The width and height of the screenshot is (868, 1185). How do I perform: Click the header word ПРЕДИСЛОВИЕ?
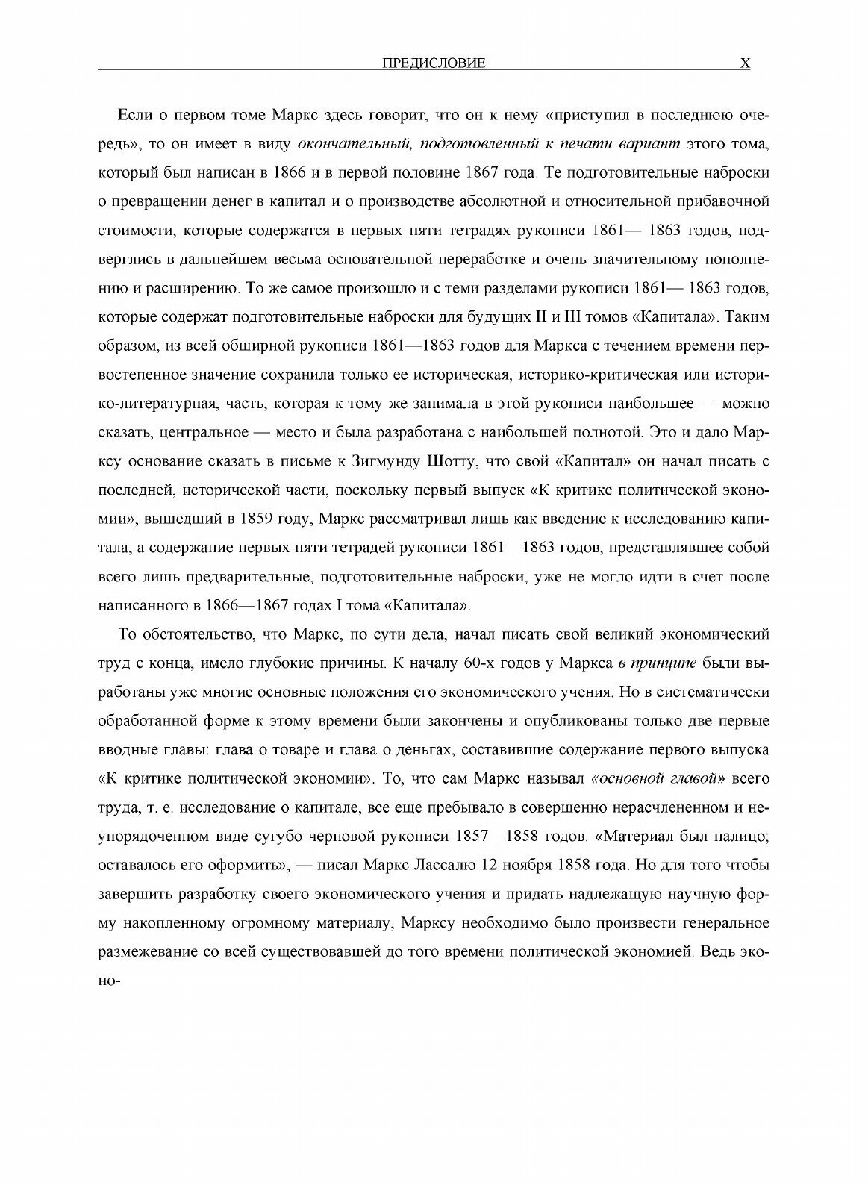433,63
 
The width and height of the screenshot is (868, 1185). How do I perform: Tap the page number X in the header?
744,63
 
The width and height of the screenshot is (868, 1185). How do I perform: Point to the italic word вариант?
646,144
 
